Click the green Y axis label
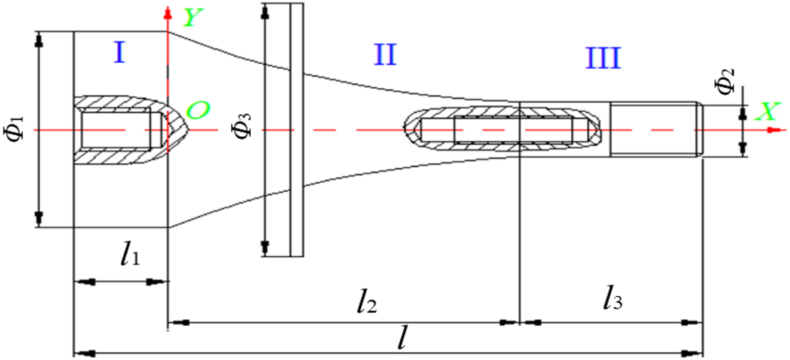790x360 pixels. point(193,17)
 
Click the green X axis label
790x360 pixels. point(768,112)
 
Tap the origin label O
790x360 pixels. point(197,110)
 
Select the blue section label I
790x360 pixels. point(120,52)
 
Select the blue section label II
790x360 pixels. point(385,55)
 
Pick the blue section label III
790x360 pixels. point(603,57)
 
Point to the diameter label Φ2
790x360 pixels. point(725,82)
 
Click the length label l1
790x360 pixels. point(130,253)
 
